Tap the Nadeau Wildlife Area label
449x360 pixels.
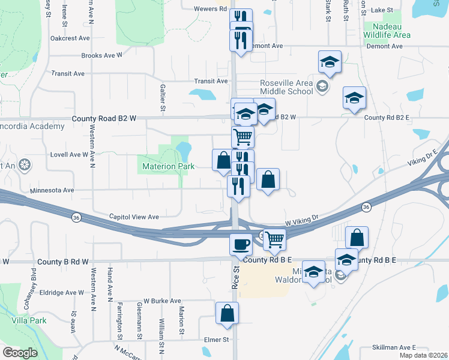coord(388,31)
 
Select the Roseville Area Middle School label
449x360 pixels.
coord(286,87)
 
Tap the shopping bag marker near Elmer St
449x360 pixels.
coord(228,313)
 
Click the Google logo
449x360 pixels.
coord(20,353)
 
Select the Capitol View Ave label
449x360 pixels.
coord(134,217)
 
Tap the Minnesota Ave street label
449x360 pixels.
coord(52,190)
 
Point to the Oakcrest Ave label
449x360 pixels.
coord(70,38)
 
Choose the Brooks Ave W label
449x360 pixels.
coord(102,55)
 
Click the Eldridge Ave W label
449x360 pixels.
coord(63,292)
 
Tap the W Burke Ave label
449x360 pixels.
coord(162,301)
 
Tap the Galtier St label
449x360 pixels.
coord(163,98)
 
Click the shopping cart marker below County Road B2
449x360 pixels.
coord(243,137)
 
